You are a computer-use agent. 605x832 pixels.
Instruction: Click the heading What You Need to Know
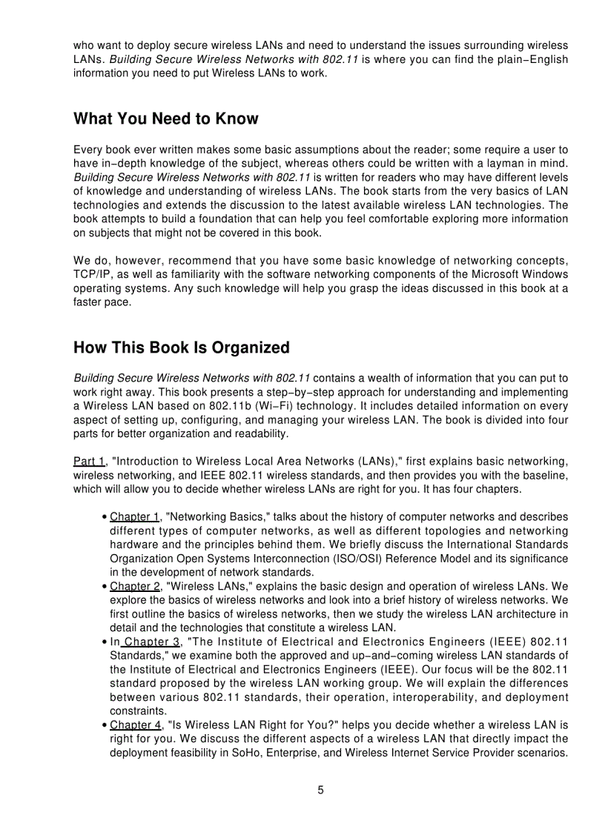click(166, 119)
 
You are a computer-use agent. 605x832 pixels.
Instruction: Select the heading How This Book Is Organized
click(182, 348)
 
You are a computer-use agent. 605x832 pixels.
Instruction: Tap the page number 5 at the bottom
click(320, 790)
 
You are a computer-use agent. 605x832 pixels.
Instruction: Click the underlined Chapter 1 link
click(135, 517)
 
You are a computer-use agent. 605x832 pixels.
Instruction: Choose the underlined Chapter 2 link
click(135, 586)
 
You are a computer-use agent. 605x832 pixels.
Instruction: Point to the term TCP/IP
click(92, 274)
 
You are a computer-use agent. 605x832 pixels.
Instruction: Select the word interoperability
click(429, 697)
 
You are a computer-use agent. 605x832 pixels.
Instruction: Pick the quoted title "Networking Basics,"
click(219, 517)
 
